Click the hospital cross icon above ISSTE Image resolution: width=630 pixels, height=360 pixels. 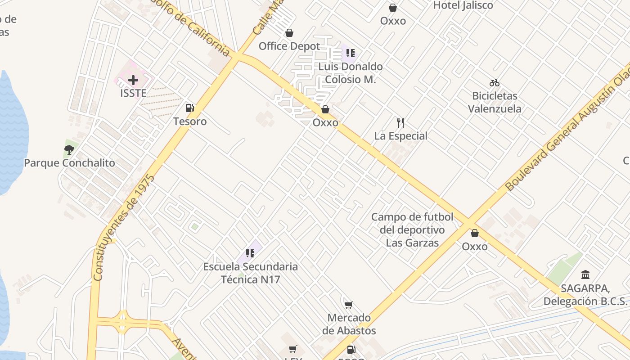point(133,80)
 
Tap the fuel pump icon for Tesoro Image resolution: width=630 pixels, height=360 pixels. point(189,108)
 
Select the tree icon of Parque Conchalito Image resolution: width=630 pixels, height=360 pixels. point(69,149)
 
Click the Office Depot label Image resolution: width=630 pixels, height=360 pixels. point(289,46)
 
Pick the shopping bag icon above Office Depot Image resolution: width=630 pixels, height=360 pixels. point(289,33)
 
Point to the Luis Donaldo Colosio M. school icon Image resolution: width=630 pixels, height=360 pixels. point(350,54)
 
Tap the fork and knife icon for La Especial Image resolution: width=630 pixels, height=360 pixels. point(400,122)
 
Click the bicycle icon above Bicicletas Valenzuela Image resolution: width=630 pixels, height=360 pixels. point(494,83)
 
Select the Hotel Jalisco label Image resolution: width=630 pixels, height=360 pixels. point(463,5)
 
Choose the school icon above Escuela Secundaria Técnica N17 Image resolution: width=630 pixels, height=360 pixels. point(250,253)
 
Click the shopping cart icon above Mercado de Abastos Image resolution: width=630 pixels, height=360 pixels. point(348,305)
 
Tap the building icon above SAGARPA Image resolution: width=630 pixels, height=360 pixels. point(585,274)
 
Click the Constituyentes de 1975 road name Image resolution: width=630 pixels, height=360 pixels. point(124,228)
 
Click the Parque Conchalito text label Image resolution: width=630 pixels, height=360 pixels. point(69,163)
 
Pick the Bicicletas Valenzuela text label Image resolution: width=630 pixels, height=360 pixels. point(495,102)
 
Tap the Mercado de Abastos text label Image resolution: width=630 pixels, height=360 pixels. point(349,324)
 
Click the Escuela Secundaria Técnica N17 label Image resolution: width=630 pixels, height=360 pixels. point(250,273)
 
